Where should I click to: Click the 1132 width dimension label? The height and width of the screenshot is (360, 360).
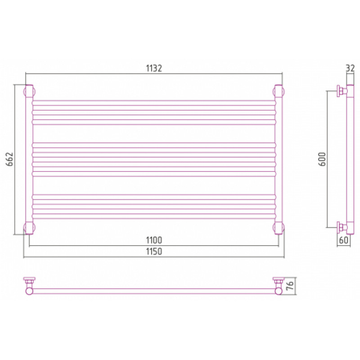click(x=154, y=68)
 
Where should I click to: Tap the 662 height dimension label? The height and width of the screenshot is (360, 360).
click(x=10, y=159)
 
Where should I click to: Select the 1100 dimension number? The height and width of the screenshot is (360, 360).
click(x=154, y=240)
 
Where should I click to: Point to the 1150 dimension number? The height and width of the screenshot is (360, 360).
click(x=154, y=252)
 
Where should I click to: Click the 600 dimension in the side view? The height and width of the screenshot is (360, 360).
click(x=322, y=159)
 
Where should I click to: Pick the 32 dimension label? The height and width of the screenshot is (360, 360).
click(x=350, y=68)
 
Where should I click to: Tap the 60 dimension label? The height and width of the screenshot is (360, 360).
click(x=343, y=240)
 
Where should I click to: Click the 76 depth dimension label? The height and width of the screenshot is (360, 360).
click(x=290, y=285)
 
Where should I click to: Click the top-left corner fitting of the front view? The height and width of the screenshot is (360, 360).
click(x=29, y=92)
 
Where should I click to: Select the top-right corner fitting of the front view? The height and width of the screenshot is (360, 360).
click(x=279, y=92)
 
